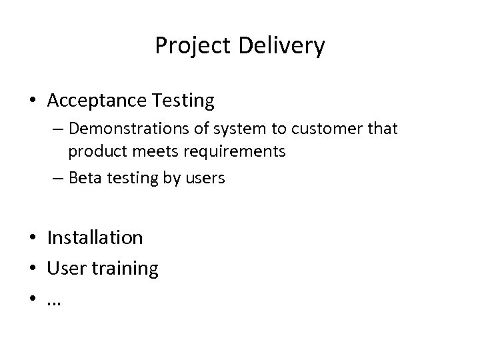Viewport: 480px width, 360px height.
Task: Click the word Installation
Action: (x=95, y=237)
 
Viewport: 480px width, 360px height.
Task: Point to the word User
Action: (x=64, y=269)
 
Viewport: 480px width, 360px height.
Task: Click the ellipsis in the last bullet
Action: (x=53, y=301)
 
